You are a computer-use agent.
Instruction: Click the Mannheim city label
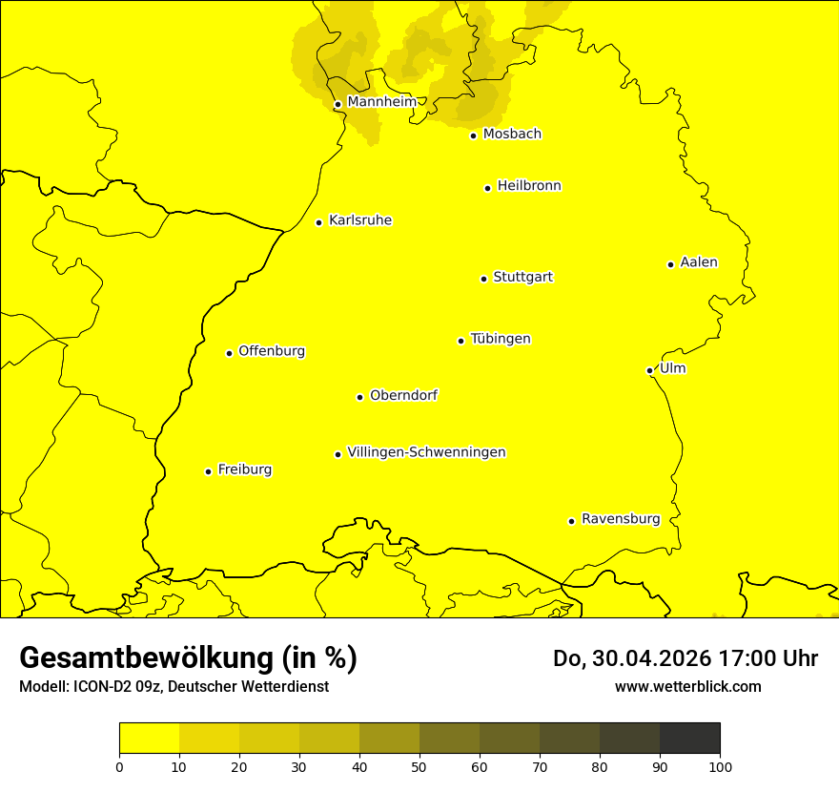pos(381,101)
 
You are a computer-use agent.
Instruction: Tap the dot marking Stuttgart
pos(484,279)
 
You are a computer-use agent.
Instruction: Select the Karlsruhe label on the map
pos(360,220)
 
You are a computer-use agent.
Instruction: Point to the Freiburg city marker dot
pos(208,471)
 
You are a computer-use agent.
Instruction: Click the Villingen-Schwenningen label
pos(426,452)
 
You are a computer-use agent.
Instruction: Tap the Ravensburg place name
pos(621,519)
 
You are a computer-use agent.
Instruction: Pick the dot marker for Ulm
pos(650,370)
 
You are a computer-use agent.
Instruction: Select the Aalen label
pos(699,262)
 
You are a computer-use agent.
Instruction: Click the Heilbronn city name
pos(529,186)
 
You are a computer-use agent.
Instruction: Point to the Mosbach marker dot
pos(474,135)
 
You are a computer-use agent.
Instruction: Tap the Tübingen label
pos(501,339)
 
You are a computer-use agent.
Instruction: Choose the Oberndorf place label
pos(404,395)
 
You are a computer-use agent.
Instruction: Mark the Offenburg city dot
pos(230,353)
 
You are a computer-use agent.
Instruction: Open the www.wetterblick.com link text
pos(687,686)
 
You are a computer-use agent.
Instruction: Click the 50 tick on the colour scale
pos(419,765)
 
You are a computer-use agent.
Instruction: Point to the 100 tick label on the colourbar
pos(720,765)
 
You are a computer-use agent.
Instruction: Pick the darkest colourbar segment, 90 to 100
pos(689,738)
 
